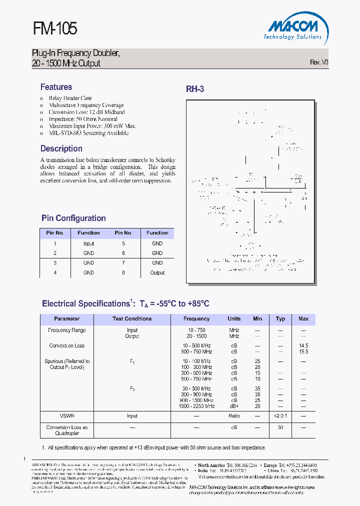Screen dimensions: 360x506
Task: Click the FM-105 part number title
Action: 55,28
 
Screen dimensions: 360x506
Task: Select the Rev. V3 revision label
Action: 319,62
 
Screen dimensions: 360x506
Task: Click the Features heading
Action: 56,87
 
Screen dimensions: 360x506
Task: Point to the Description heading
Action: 61,148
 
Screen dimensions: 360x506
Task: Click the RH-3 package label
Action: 195,89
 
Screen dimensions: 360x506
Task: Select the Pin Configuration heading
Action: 73,218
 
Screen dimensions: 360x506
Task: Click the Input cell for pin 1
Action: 88,243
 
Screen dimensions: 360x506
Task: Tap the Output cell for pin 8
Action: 157,272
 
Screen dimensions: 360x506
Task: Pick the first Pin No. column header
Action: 55,233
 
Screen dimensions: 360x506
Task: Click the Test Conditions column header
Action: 132,318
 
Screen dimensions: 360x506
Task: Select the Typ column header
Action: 280,318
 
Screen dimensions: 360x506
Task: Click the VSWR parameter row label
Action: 66,415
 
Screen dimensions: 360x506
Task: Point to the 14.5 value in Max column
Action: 303,345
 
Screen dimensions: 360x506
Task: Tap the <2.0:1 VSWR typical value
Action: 280,415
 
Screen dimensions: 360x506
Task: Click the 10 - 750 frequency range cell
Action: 196,330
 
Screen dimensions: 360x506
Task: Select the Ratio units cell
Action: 234,415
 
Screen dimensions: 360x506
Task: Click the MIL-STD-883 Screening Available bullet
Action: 88,133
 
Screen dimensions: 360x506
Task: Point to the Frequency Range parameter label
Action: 66,330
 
